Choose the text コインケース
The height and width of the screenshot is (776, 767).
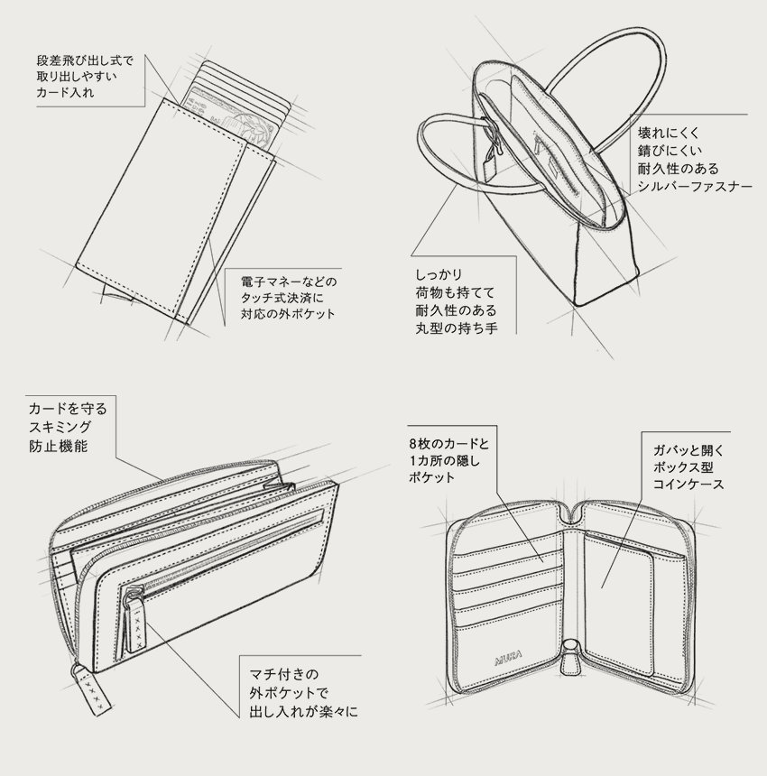click(688, 485)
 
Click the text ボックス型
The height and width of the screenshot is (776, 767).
click(684, 467)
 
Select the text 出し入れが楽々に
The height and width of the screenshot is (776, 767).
click(303, 712)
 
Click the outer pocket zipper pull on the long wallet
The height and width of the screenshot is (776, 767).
click(136, 622)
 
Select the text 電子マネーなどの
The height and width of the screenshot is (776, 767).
click(287, 280)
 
